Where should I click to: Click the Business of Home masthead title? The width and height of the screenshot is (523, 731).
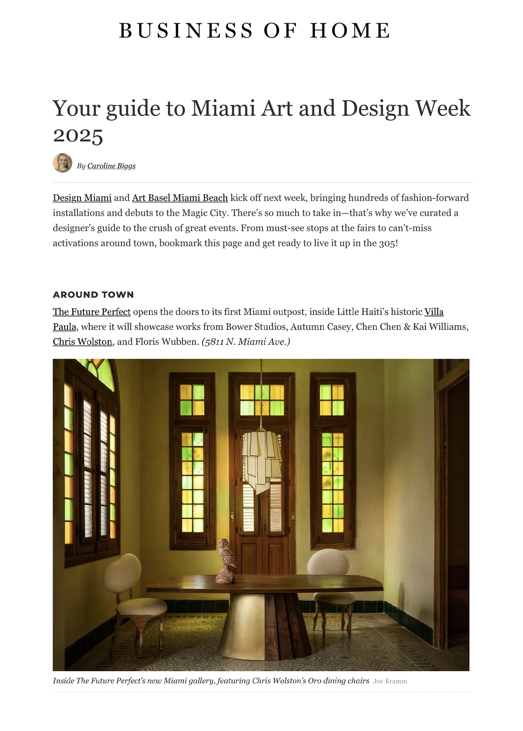[x=255, y=31]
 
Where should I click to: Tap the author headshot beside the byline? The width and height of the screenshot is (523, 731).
[x=63, y=163]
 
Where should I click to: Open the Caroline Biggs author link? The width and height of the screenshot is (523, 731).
[x=111, y=166]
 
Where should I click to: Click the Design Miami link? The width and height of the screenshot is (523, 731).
[x=82, y=198]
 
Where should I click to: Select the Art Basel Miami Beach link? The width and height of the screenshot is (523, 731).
[x=180, y=198]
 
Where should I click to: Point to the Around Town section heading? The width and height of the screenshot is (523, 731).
[x=93, y=295]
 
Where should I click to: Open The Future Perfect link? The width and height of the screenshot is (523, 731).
[x=92, y=312]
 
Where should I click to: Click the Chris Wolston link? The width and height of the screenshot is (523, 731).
[x=83, y=342]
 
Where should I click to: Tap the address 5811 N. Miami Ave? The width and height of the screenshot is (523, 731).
[x=246, y=342]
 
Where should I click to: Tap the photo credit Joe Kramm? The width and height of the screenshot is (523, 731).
[x=390, y=681]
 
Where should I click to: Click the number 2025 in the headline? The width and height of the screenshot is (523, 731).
[x=78, y=136]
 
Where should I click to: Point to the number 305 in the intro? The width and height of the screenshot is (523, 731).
[x=387, y=243]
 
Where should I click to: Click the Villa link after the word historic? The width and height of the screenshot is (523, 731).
[x=434, y=312]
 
